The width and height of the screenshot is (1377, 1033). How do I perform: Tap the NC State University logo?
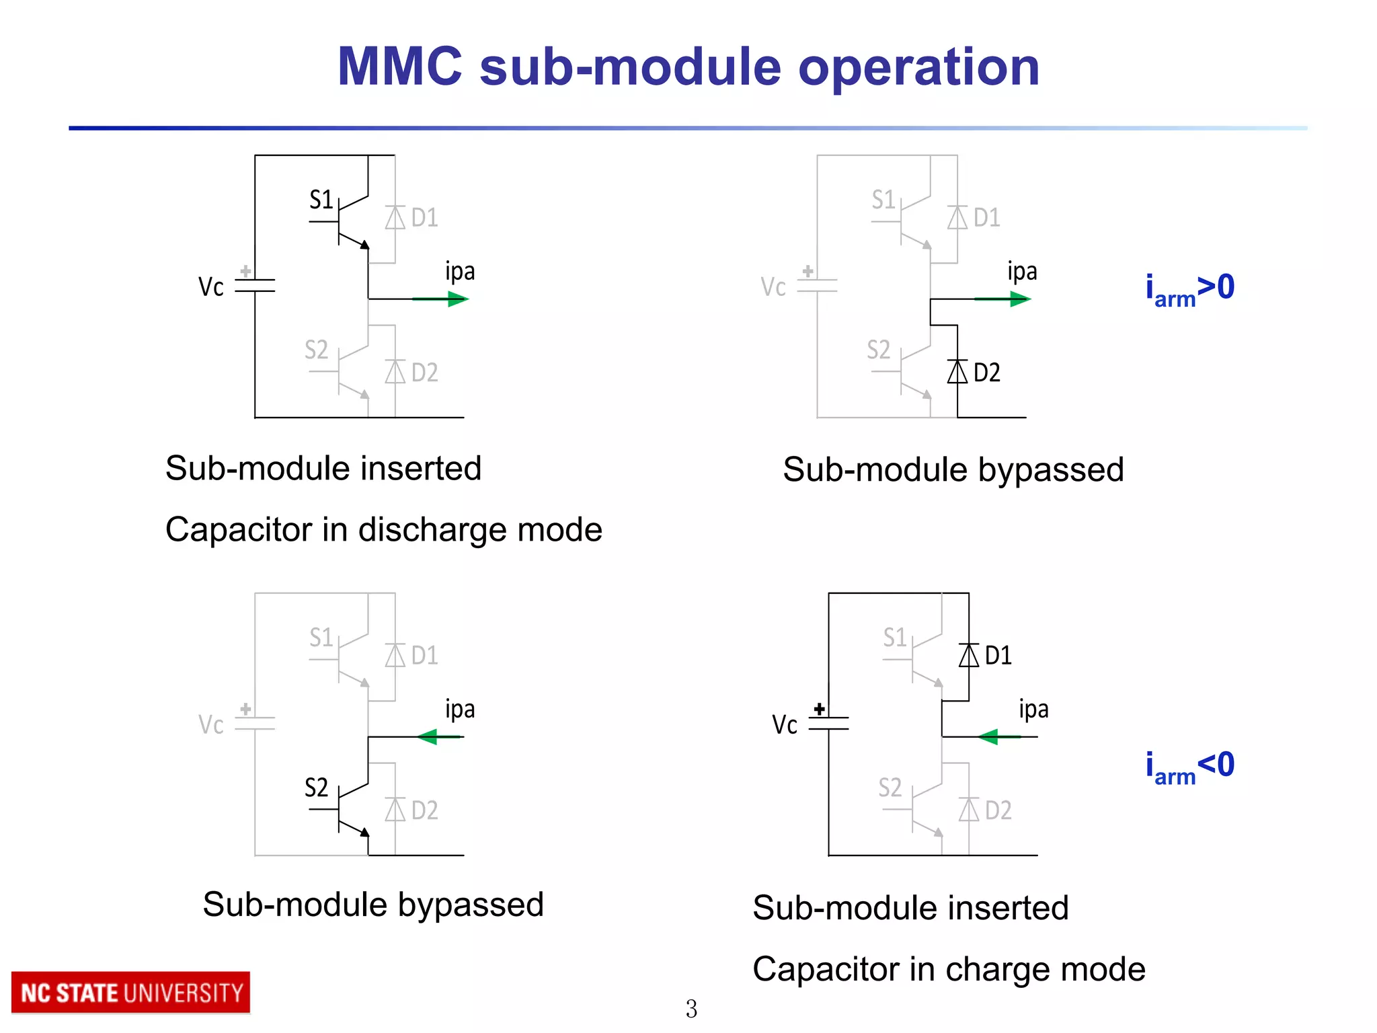131,993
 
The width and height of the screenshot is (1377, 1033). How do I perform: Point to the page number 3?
691,1009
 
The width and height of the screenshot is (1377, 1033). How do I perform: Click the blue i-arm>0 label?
1189,289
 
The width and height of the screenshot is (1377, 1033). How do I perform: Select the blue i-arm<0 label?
1189,767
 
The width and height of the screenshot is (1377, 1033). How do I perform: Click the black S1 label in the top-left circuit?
321,200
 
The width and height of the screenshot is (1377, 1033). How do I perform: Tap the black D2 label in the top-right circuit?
986,373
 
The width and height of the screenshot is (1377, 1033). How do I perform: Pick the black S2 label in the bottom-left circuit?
316,788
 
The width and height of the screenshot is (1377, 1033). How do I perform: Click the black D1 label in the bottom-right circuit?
998,656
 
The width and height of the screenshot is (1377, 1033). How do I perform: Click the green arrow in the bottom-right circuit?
999,737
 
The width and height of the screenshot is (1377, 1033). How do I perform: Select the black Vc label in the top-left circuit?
210,287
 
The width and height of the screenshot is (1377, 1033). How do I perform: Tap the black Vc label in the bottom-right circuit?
784,725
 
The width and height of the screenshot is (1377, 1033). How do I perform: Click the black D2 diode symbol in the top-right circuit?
957,372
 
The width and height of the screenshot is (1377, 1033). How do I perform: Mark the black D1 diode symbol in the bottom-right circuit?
969,655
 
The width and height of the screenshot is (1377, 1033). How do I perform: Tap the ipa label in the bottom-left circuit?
460,710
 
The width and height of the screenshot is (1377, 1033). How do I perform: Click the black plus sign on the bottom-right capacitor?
819,709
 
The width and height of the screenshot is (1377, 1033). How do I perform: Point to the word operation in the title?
918,67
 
